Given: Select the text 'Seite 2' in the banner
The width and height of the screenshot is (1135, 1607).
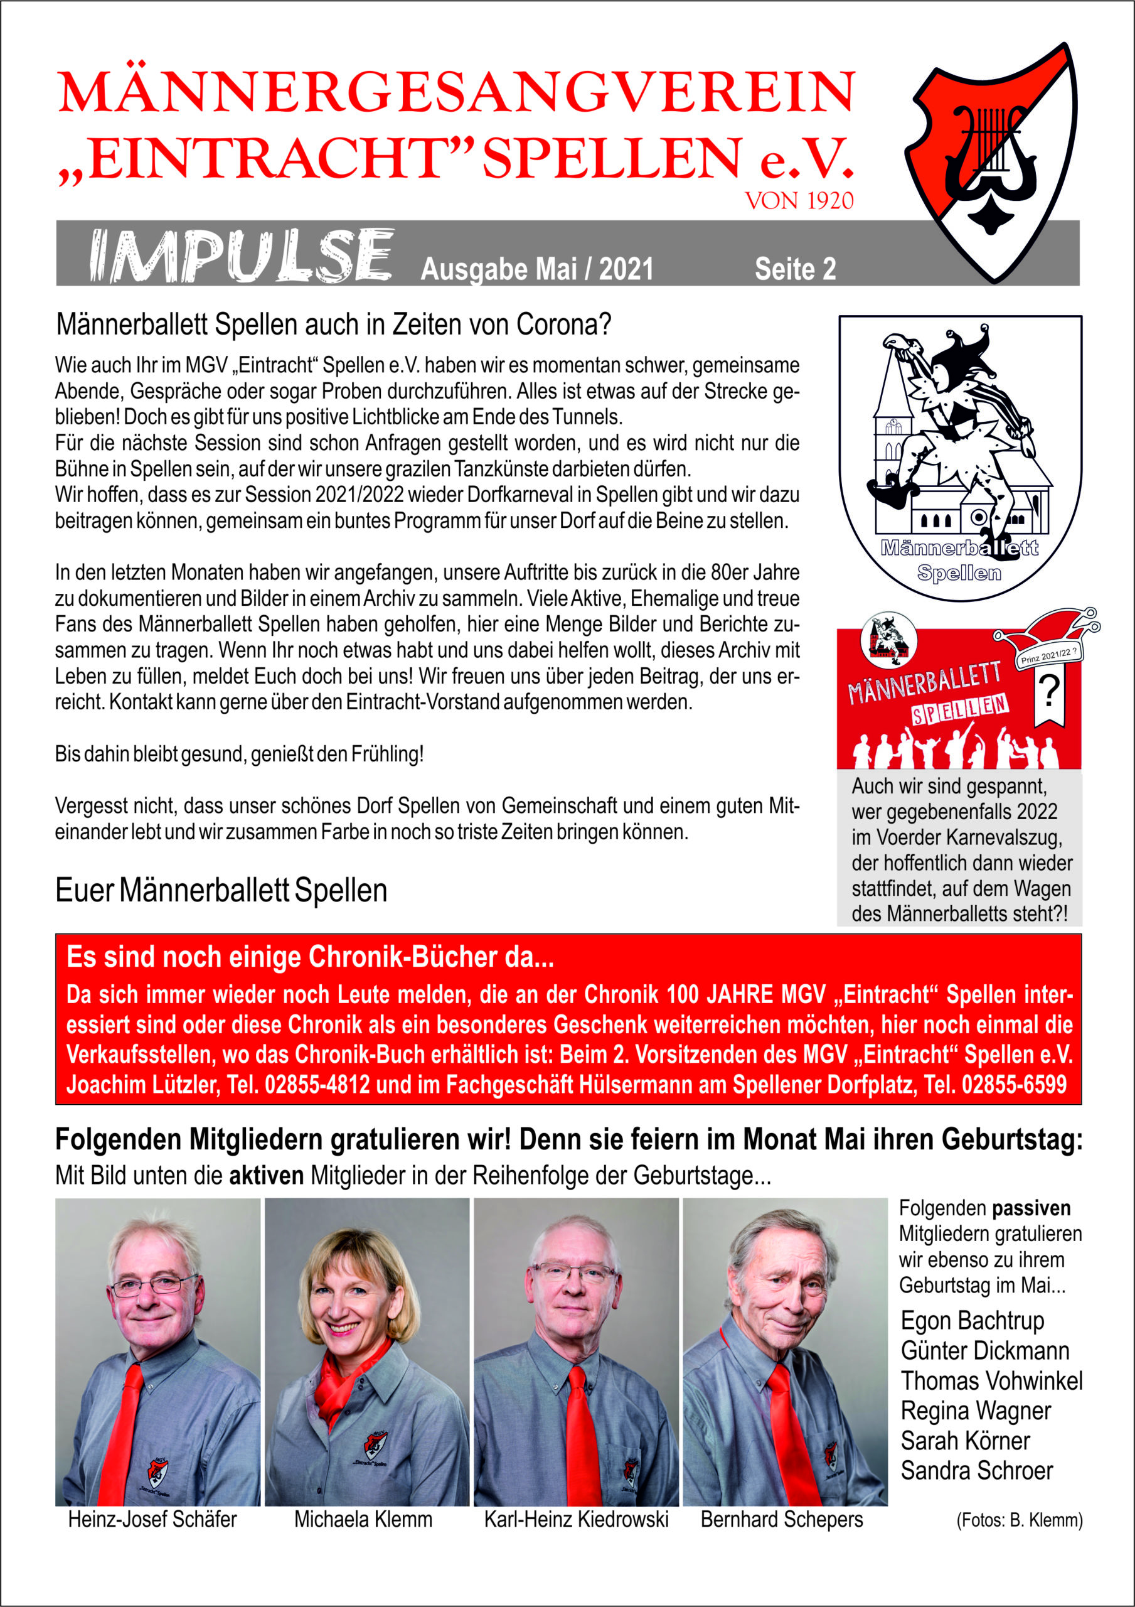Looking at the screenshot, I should (x=795, y=269).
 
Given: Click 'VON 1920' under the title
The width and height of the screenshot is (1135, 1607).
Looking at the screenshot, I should (x=799, y=202).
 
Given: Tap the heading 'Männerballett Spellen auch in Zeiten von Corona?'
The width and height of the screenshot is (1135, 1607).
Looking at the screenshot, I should (x=333, y=325).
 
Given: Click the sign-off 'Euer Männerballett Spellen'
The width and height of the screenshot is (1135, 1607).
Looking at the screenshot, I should (x=221, y=890).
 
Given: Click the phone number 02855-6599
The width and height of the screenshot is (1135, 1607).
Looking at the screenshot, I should (x=1014, y=1085).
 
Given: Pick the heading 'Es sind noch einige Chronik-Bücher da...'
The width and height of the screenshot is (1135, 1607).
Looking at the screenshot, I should (x=310, y=957).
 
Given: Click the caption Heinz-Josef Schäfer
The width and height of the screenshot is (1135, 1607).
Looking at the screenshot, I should (x=152, y=1520).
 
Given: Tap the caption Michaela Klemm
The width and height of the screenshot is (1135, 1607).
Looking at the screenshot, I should (x=363, y=1520).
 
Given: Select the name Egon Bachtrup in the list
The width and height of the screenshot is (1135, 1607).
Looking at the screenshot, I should (x=972, y=1321).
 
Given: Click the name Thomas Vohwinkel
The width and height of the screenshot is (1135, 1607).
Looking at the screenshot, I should (x=991, y=1381).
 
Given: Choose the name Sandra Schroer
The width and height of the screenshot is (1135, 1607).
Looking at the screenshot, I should (x=976, y=1471).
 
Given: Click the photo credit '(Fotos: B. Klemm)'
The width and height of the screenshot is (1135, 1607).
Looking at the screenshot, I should (x=1019, y=1520).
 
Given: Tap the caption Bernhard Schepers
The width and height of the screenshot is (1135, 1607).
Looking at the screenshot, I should (x=782, y=1520).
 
